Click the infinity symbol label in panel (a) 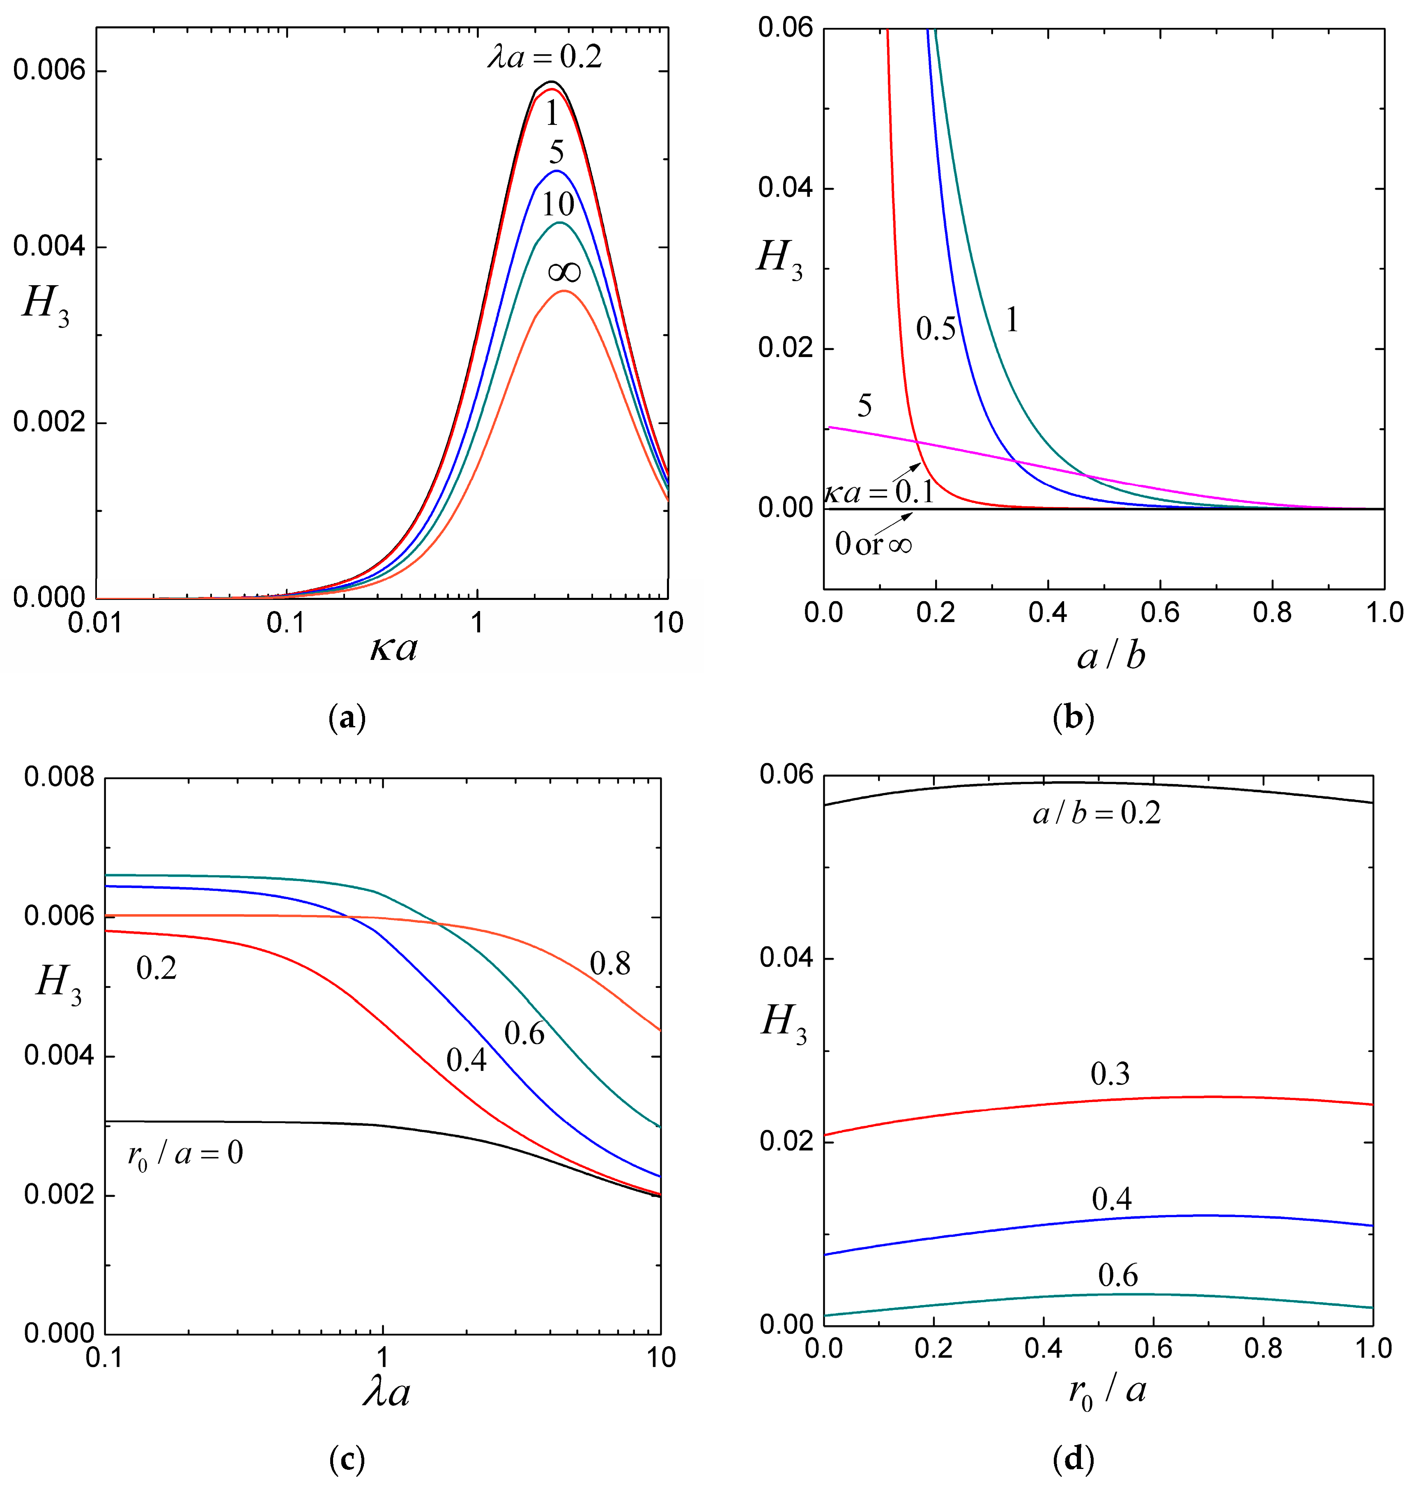tap(564, 272)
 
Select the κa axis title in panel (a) tap(393, 647)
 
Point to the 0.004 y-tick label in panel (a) tap(50, 247)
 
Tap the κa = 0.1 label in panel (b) tap(879, 493)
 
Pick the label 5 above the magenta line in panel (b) tap(864, 406)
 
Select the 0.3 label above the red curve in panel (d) tap(1110, 1074)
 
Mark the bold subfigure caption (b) tap(1073, 718)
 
